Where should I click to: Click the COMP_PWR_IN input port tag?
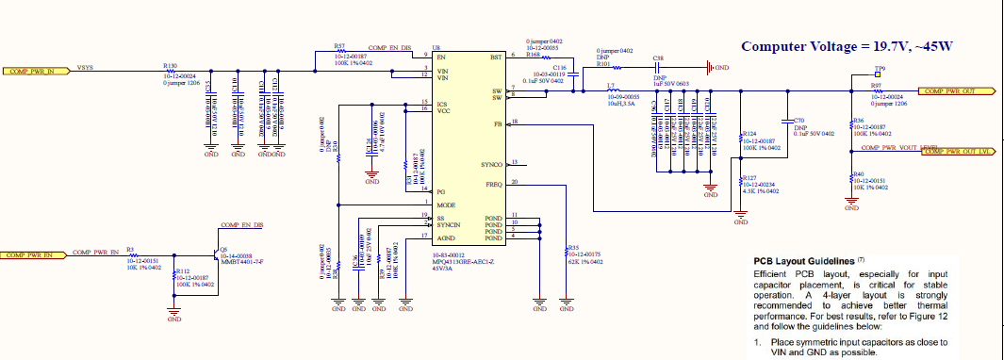click(35, 71)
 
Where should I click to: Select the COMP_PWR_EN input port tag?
click(37, 254)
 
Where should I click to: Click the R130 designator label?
click(170, 65)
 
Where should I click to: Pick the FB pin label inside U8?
click(497, 123)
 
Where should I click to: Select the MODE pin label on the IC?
click(446, 205)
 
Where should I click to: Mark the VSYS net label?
click(85, 68)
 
